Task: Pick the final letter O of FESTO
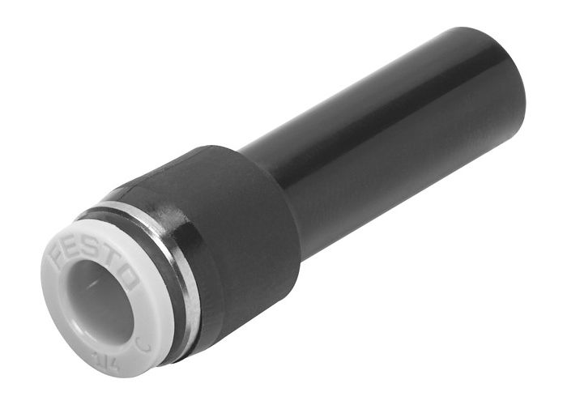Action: [130, 274]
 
